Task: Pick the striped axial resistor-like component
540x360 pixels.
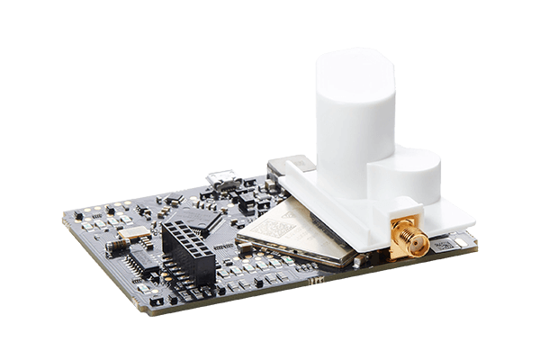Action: (118, 244)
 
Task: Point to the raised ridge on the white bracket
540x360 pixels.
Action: (290, 165)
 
